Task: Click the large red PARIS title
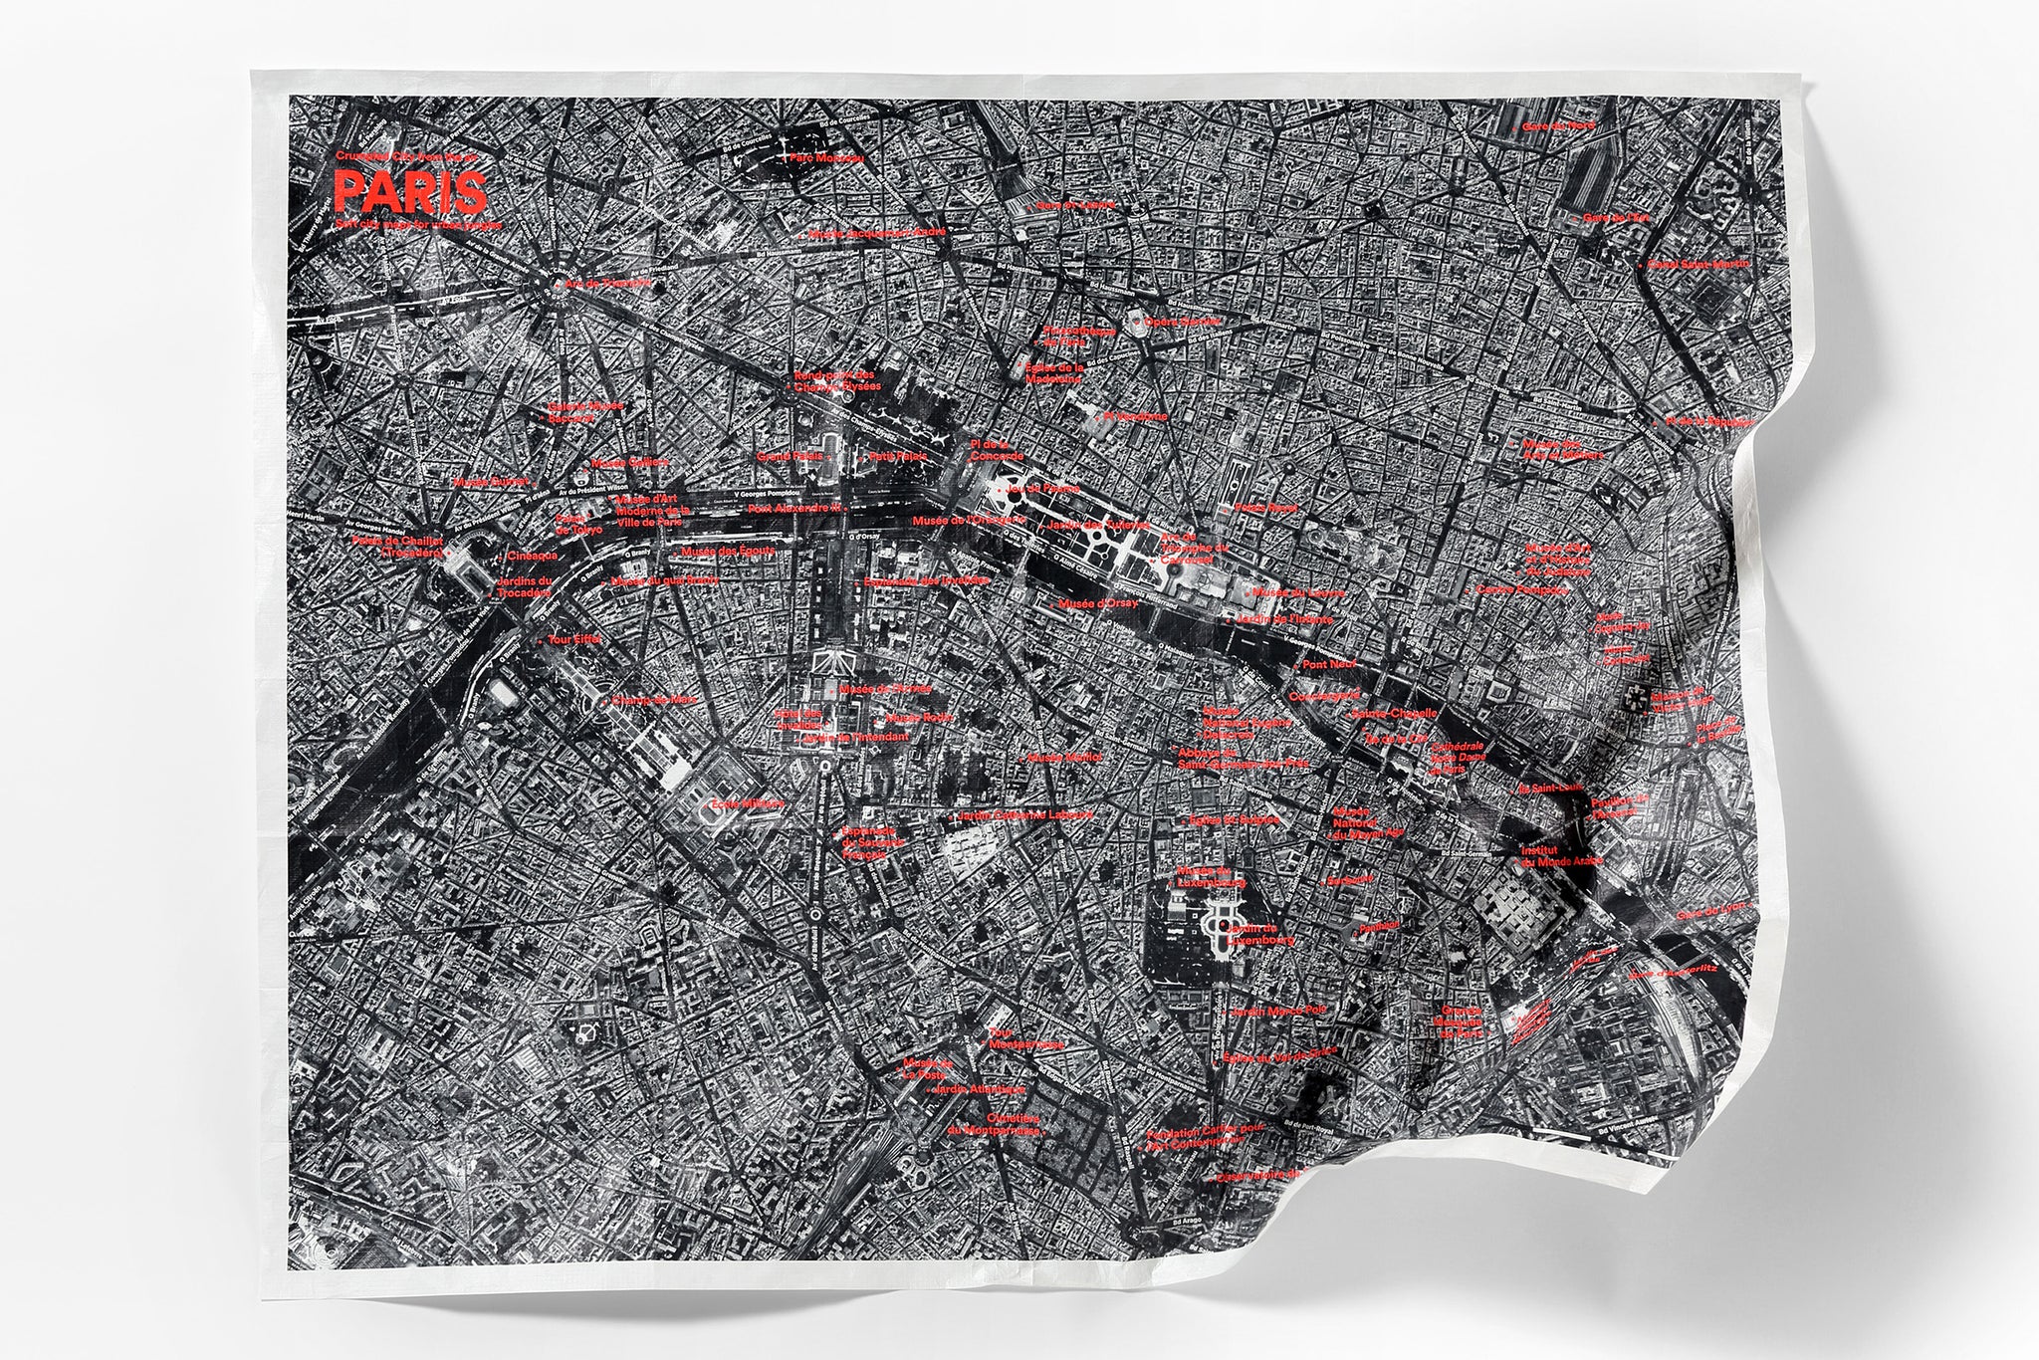410,189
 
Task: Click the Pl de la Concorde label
991,448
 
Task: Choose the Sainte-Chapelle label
1394,714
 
